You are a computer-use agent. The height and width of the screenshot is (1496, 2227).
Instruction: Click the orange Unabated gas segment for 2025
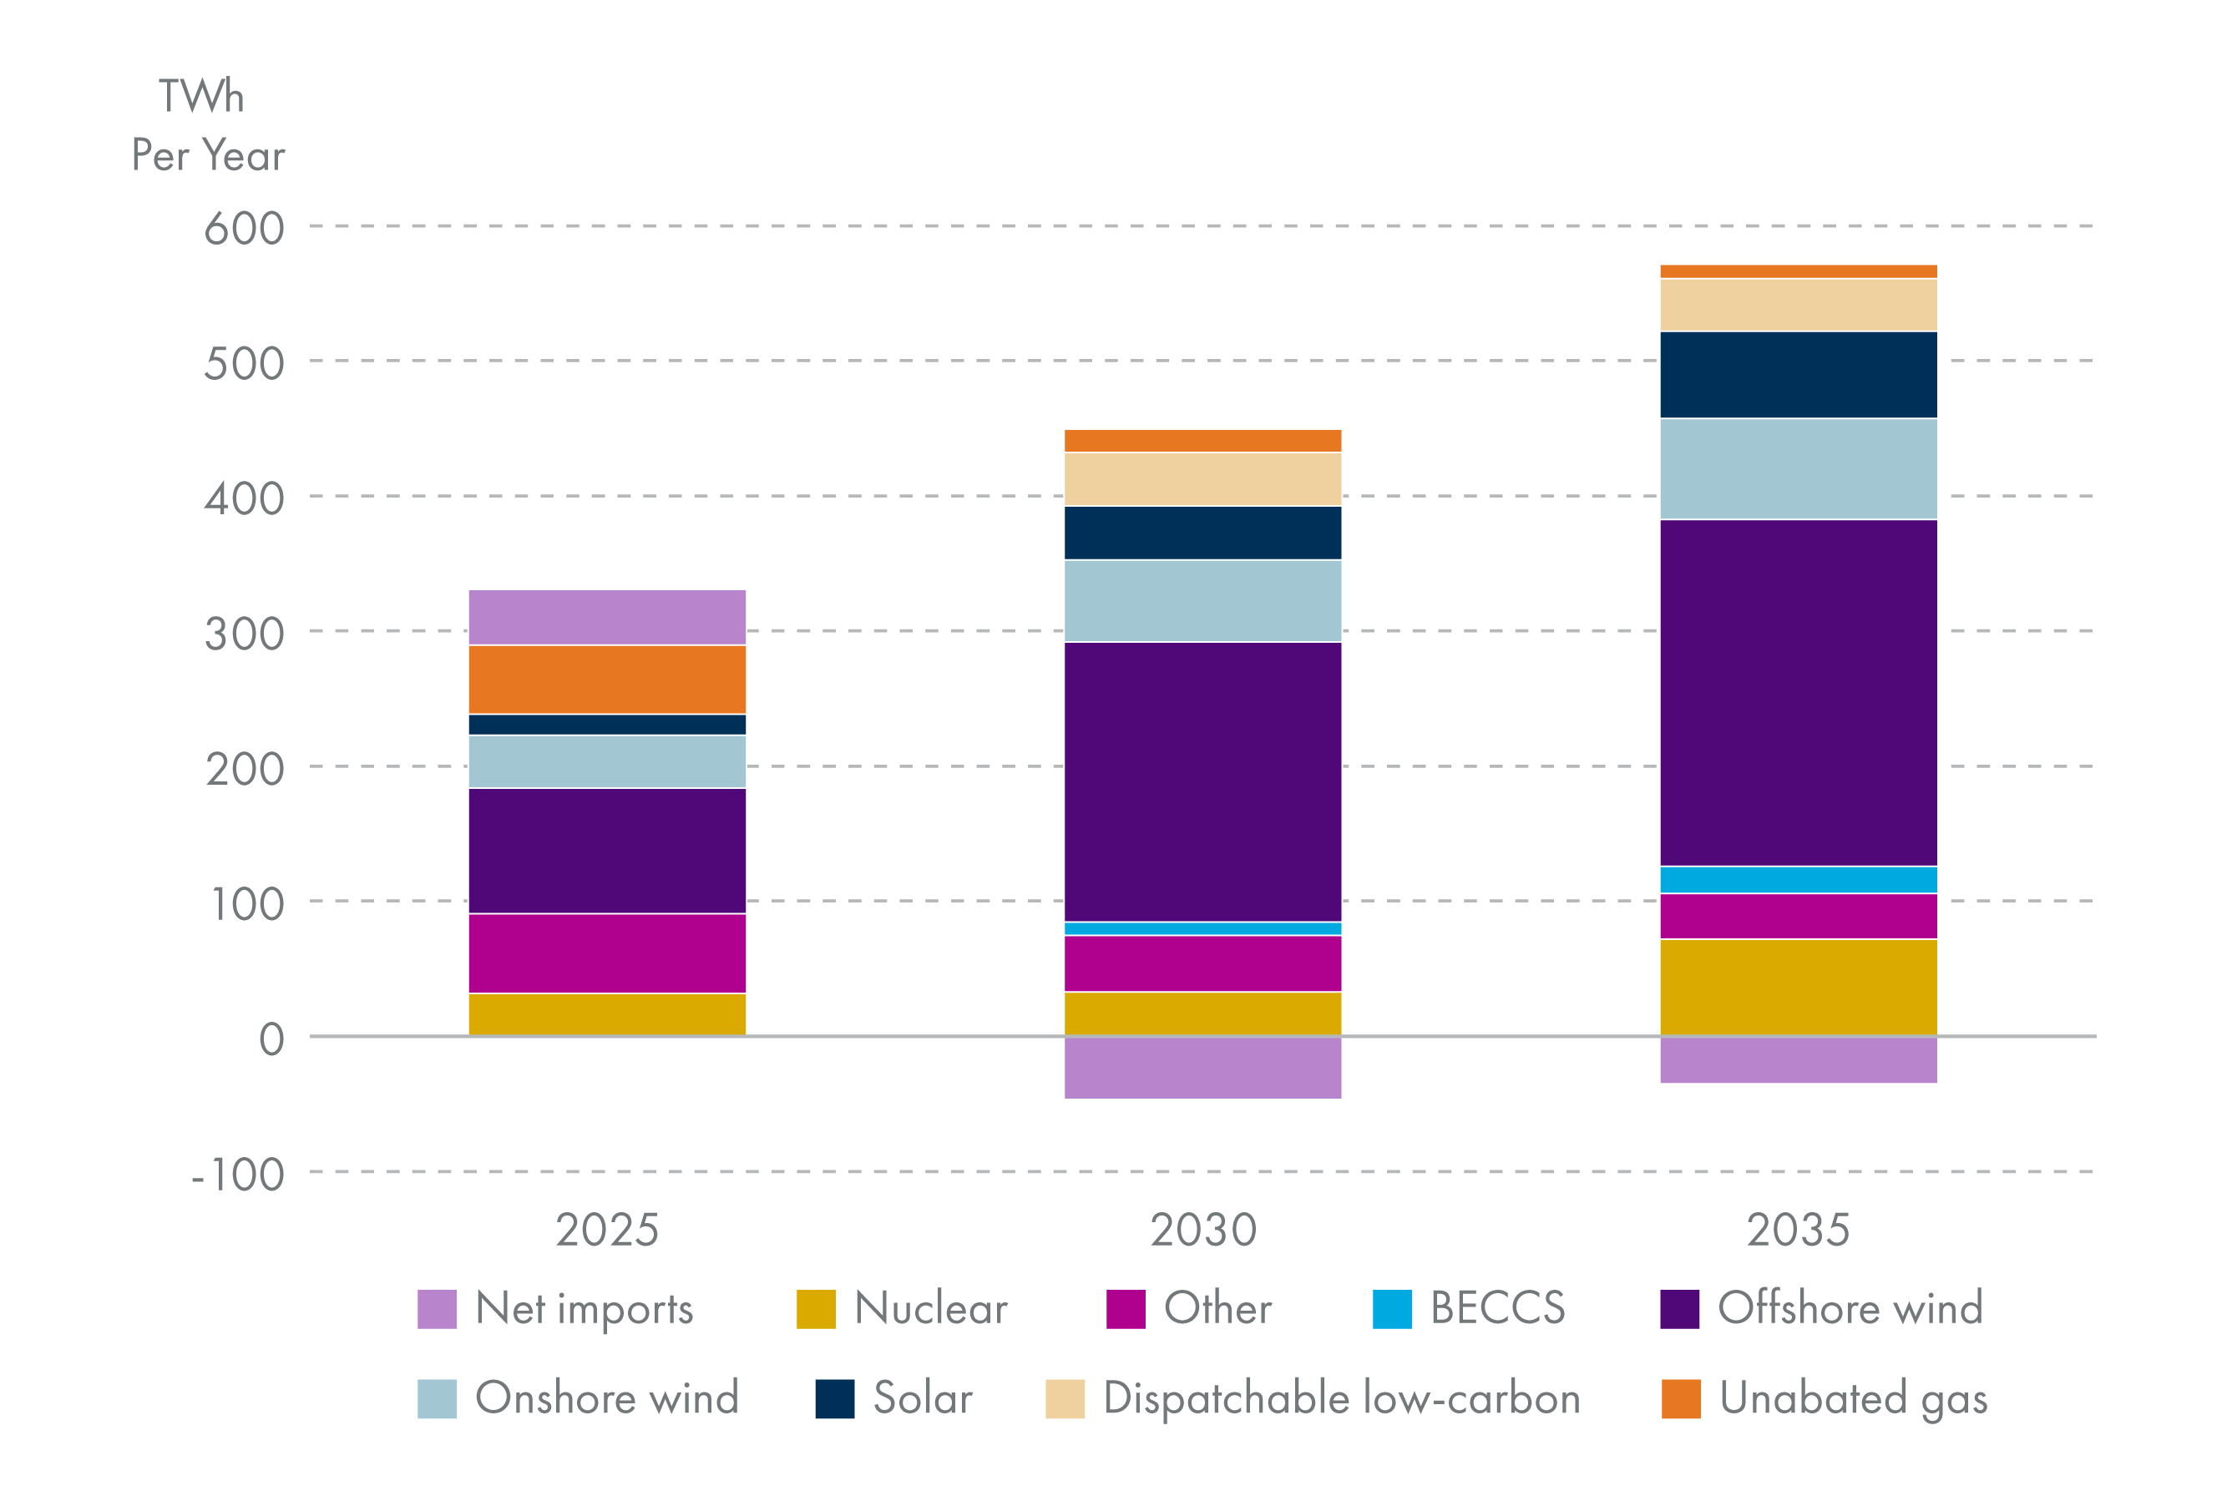tap(607, 680)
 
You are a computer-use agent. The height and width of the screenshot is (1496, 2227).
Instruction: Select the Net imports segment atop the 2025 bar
tap(607, 617)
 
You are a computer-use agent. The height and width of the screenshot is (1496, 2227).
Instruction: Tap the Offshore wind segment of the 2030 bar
tap(1202, 781)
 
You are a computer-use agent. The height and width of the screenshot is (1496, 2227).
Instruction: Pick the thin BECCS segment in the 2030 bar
tap(1202, 928)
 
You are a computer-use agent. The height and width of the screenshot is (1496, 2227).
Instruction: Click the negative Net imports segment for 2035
tap(1798, 1060)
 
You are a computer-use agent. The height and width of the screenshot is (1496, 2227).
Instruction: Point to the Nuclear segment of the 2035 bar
tap(1798, 988)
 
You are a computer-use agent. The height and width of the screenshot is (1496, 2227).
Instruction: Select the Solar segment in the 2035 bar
tap(1798, 375)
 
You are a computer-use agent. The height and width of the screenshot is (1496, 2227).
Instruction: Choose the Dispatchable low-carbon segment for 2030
tap(1202, 479)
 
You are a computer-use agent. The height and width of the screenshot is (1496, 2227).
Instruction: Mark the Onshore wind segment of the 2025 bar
tap(607, 761)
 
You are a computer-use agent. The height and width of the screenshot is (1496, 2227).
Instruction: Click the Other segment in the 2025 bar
tap(607, 953)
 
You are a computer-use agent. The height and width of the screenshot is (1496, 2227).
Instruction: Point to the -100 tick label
tap(239, 1175)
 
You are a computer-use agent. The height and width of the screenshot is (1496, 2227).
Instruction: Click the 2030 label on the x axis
tap(1202, 1230)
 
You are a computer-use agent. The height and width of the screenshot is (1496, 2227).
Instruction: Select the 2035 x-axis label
tap(1798, 1230)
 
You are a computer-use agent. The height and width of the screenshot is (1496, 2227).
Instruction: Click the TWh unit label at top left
tap(201, 96)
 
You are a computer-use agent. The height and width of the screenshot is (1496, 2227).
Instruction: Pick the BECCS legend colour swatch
tap(1391, 1309)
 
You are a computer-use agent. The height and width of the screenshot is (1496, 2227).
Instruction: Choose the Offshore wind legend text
tap(1850, 1308)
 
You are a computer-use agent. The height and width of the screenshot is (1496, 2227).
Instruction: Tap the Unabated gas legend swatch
tap(1680, 1398)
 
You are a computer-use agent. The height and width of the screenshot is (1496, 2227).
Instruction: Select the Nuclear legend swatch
tap(816, 1309)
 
